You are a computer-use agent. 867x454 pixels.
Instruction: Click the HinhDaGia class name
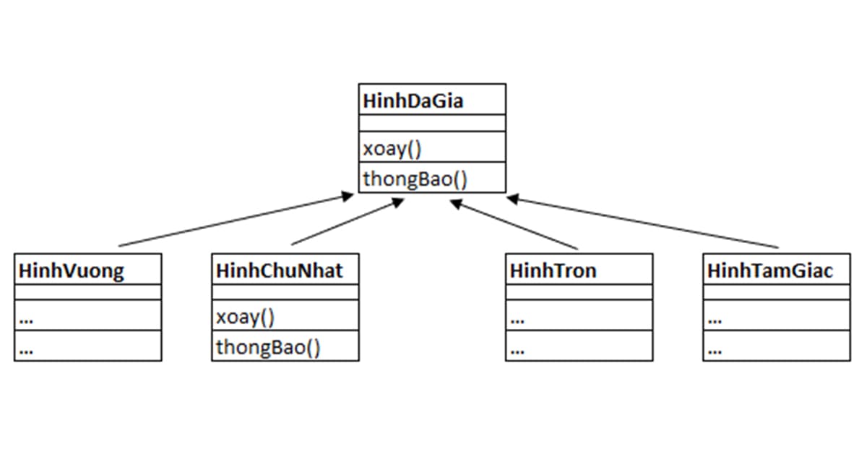pos(413,100)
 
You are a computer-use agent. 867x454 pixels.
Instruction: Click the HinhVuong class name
pos(72,271)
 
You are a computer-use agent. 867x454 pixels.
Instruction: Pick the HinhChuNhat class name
pos(279,271)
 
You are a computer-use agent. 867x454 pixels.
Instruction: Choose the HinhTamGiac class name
pos(770,271)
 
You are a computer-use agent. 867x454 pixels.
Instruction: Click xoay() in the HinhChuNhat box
pos(246,317)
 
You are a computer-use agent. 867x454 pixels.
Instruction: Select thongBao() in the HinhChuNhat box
pos(268,348)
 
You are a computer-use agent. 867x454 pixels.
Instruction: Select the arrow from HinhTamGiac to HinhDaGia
pos(643,222)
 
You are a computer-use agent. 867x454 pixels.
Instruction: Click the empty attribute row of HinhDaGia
pos(432,123)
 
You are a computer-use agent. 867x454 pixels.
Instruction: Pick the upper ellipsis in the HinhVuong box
pos(27,318)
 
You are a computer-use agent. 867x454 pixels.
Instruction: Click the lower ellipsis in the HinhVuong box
pos(27,350)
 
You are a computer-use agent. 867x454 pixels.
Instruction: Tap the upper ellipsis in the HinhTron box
pos(517,318)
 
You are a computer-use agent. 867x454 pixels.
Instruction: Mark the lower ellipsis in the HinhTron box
pos(517,350)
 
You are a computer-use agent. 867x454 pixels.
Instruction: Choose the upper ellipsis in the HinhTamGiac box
pos(715,318)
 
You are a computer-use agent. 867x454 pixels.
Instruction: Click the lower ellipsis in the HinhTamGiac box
pos(715,350)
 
